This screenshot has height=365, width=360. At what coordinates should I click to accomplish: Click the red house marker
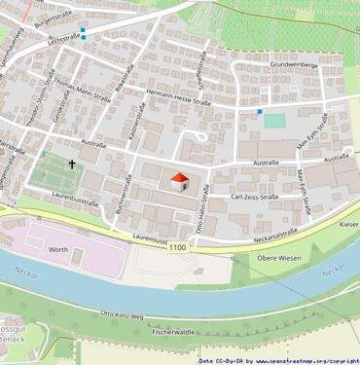click(179, 181)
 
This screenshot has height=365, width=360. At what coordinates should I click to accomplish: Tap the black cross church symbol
click(73, 165)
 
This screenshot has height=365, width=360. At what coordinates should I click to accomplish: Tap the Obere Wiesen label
click(279, 258)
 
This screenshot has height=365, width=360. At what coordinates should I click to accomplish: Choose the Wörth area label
click(57, 250)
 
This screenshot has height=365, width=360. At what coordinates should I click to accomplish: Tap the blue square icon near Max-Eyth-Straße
click(260, 112)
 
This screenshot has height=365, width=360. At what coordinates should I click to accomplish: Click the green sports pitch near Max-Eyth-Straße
click(275, 121)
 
